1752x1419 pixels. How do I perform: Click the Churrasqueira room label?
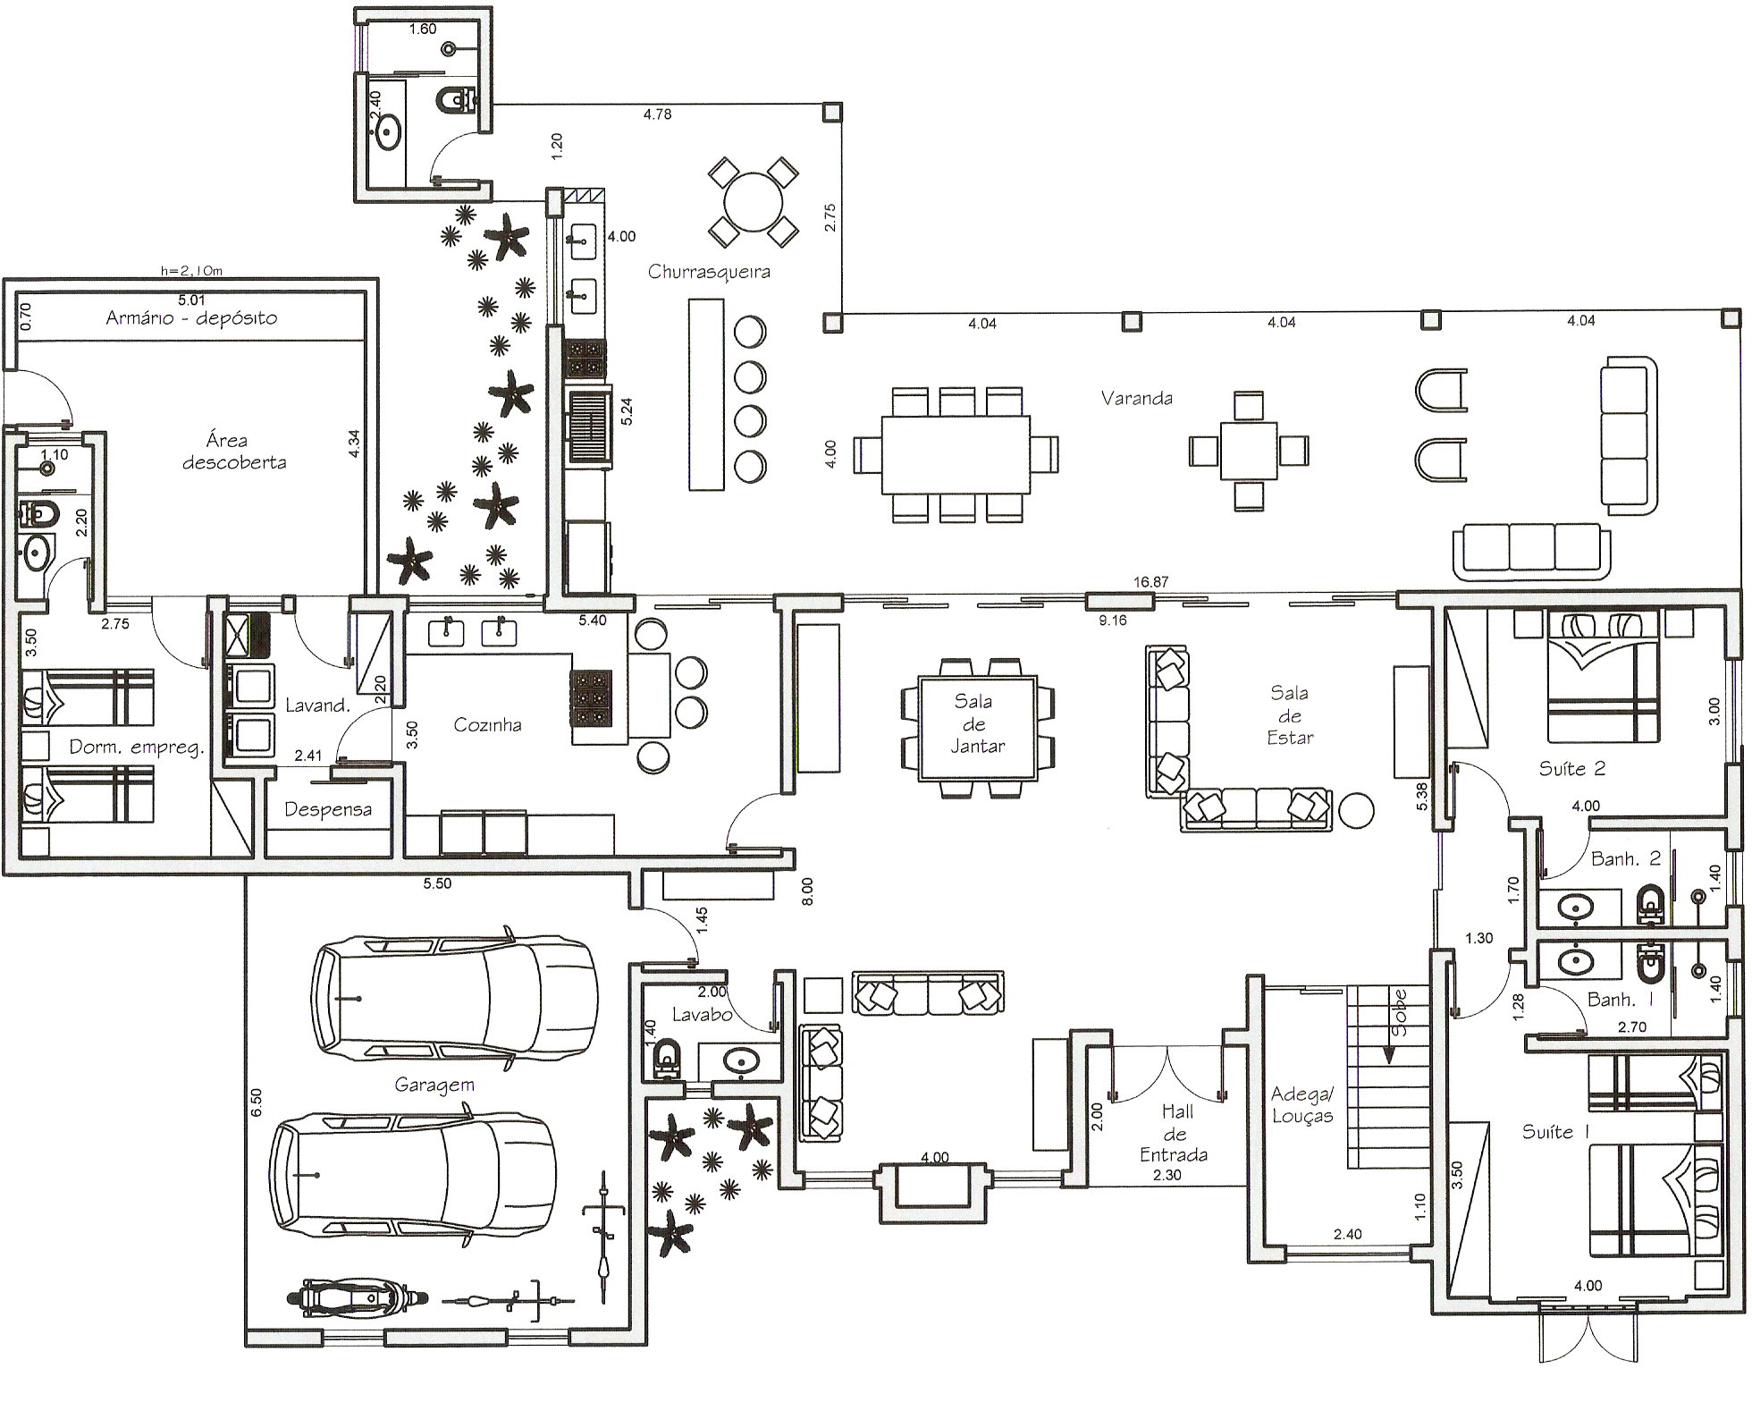pos(709,272)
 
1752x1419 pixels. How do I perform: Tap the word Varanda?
pos(1136,398)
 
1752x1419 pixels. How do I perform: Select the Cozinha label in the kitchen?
pos(487,724)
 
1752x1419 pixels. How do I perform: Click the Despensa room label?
pos(328,810)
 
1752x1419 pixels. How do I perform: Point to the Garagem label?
pos(434,1085)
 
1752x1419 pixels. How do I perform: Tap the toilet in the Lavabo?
pos(665,1060)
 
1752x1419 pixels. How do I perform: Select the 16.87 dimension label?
pos(1151,582)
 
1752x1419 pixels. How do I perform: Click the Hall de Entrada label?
pos(1174,1133)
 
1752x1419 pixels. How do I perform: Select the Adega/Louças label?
pos(1302,1105)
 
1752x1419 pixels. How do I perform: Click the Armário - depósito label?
pos(191,318)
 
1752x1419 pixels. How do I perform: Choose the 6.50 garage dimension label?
pos(257,1101)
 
